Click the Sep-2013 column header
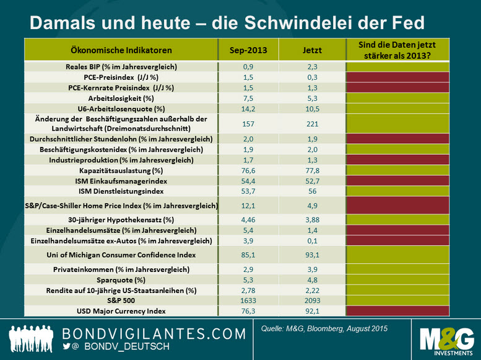[248, 50]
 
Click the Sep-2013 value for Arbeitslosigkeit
[248, 97]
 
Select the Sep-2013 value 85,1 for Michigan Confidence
[248, 255]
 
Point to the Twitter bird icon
[67, 347]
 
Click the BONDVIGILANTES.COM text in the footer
[155, 333]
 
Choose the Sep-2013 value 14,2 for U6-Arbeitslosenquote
[248, 108]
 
